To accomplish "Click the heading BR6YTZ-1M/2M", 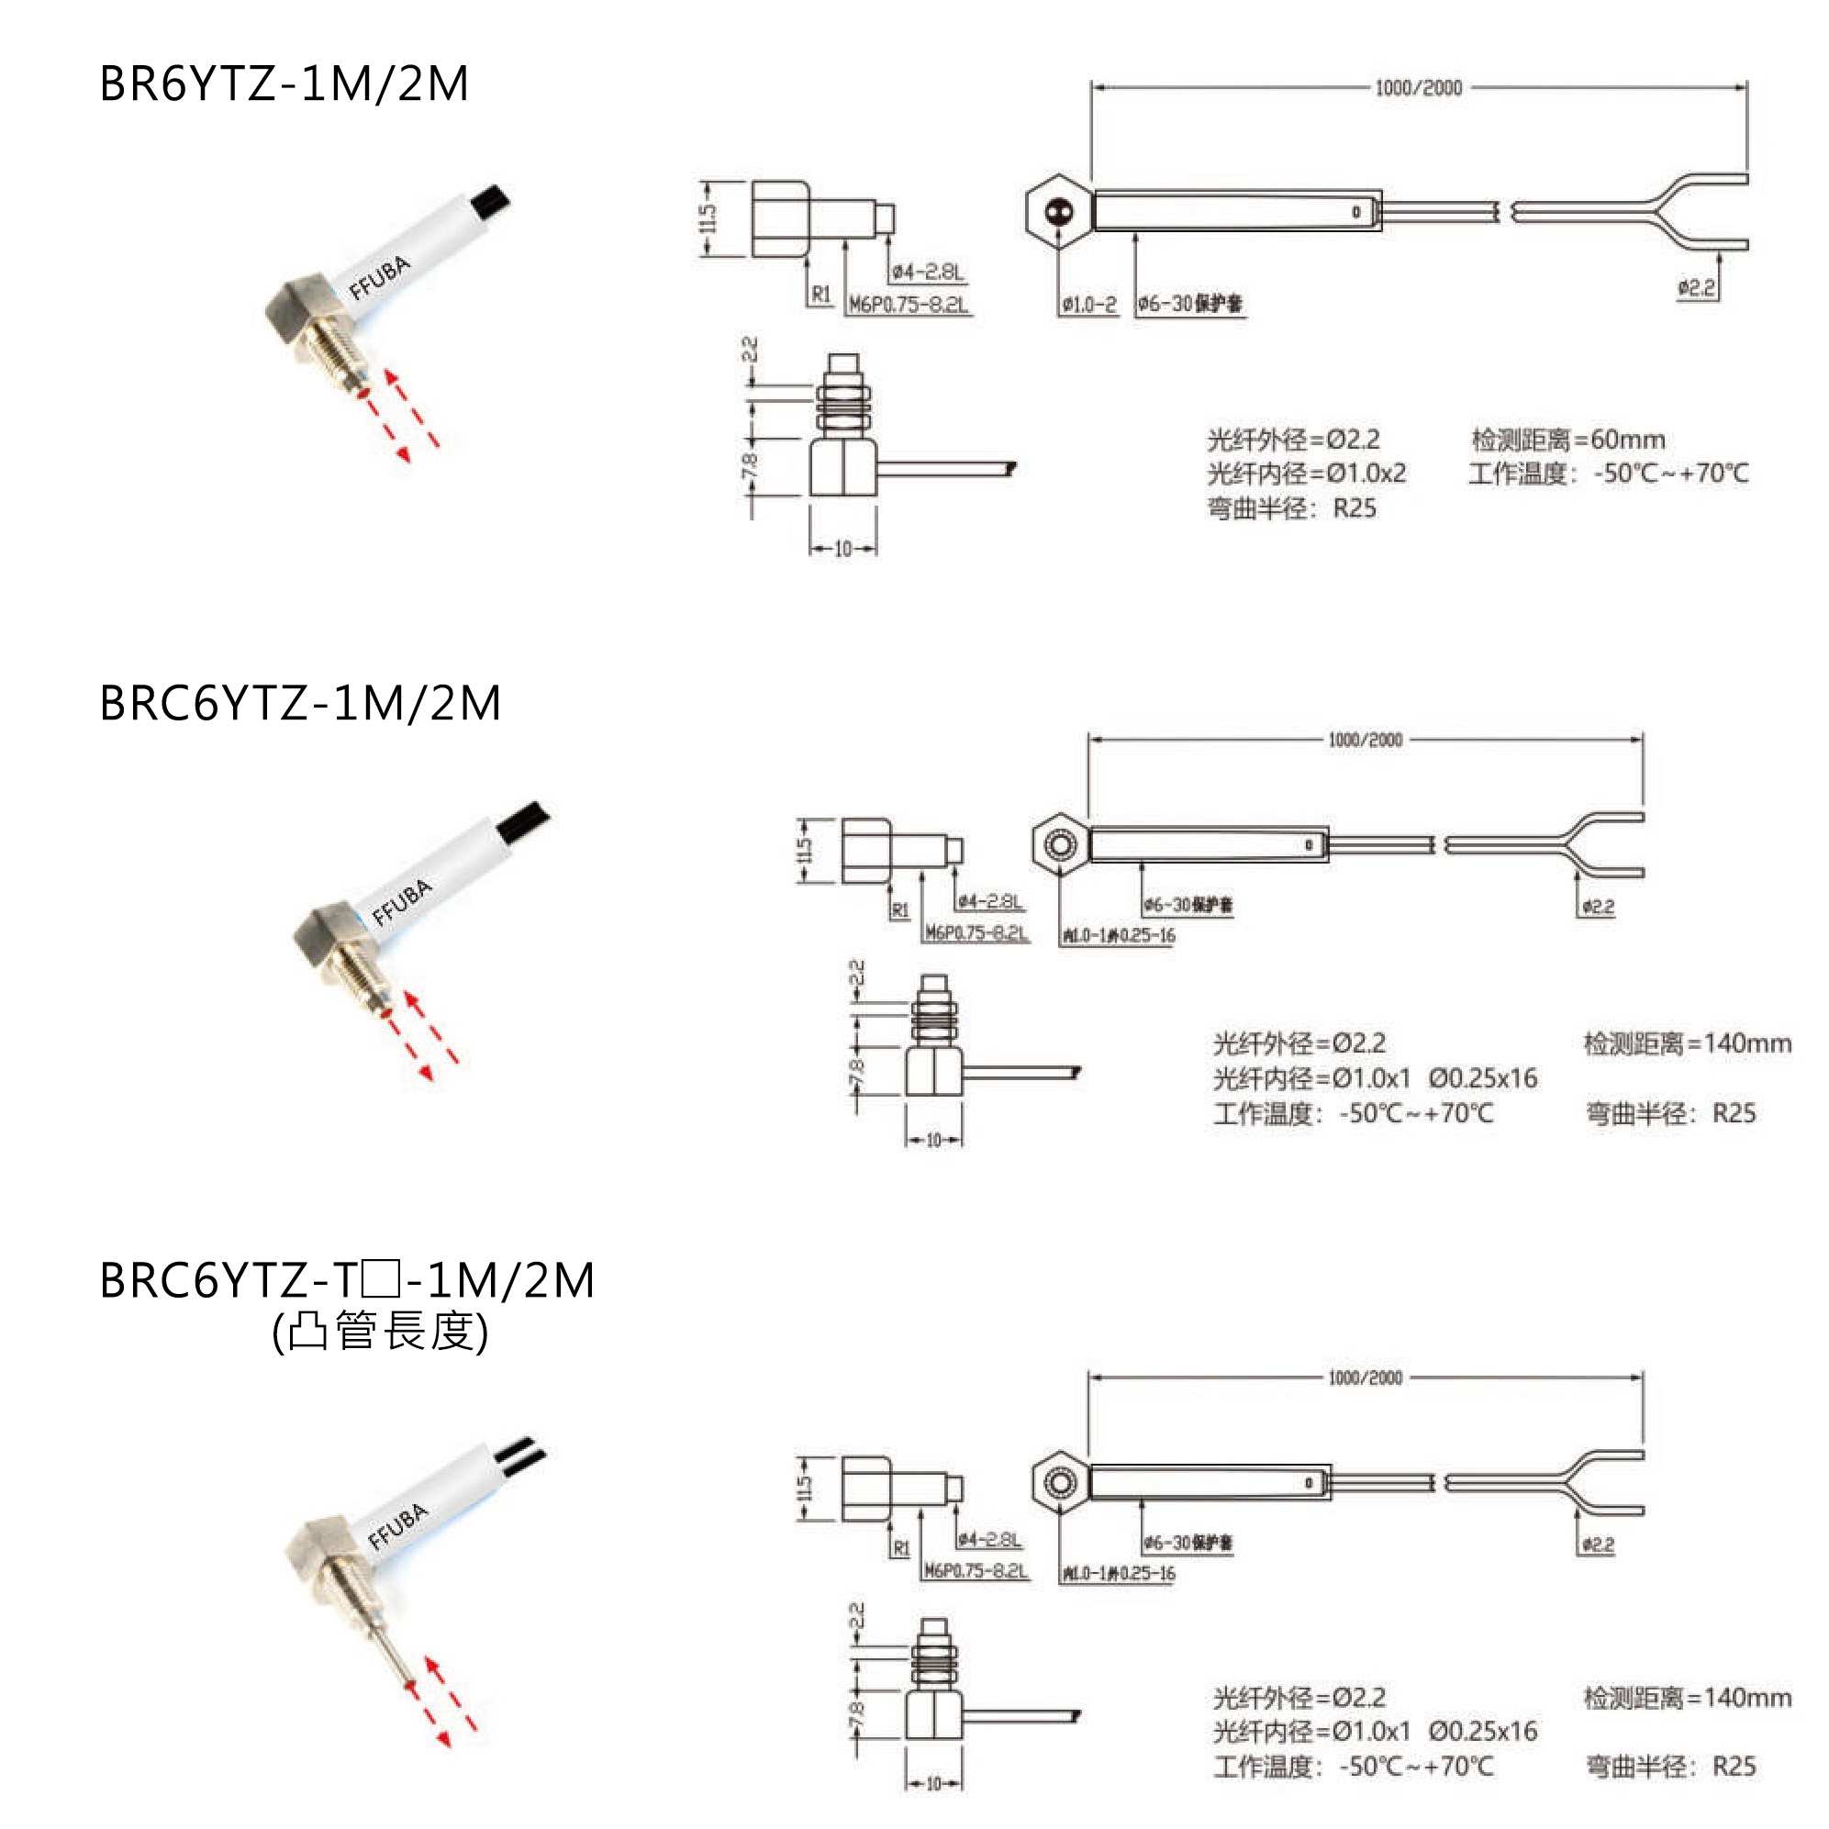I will (x=284, y=84).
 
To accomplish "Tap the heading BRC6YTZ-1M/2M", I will (x=300, y=703).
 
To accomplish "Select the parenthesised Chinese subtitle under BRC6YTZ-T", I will (x=380, y=1331).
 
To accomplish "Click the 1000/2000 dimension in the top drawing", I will (x=1418, y=88).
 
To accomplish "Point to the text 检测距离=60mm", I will (x=1567, y=440).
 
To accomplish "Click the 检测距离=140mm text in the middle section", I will (x=1687, y=1043).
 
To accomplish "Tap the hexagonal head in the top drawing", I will (x=1059, y=211).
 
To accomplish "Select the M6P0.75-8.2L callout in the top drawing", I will (x=909, y=305).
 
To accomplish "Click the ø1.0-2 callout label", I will (x=1088, y=305).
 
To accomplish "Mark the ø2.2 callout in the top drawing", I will (x=1697, y=288).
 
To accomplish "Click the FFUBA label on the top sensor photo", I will (x=380, y=277).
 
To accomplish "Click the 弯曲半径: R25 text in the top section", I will (x=1291, y=508).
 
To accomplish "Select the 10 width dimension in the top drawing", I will (x=842, y=549).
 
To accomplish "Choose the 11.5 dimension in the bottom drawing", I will (x=805, y=1489).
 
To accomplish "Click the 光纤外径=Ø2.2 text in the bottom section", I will (x=1299, y=1698).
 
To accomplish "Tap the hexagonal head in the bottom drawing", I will (x=1059, y=1481).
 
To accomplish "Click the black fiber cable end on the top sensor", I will (x=491, y=201).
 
